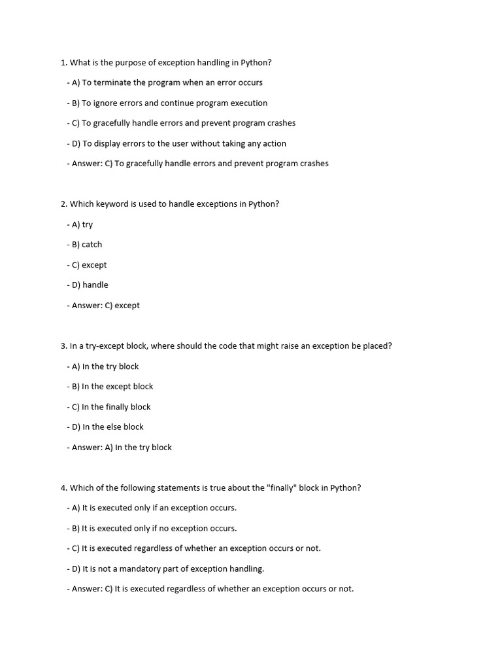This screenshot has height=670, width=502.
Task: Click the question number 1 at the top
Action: [x=63, y=63]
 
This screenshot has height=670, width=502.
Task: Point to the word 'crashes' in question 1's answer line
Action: [x=313, y=164]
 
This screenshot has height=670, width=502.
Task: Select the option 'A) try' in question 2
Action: [x=82, y=224]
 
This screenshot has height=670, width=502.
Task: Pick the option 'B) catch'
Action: [x=87, y=245]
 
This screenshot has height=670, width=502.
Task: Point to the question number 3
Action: [x=63, y=346]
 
